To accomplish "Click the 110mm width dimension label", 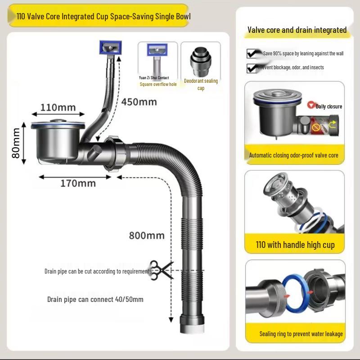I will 58,108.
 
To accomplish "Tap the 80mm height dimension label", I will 17,143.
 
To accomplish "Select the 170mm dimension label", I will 78,183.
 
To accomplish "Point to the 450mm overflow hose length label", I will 139,102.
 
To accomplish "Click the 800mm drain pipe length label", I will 147,235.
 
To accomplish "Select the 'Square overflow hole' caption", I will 158,84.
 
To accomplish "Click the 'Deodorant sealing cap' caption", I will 201,84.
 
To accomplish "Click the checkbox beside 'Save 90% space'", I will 252,54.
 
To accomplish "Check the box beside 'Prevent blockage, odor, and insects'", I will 252,68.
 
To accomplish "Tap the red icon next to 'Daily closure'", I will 310,105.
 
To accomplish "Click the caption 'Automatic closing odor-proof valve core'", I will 293,155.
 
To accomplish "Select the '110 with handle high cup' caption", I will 295,245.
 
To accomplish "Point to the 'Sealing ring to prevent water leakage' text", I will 301,334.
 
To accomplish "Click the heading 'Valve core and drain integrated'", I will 297,30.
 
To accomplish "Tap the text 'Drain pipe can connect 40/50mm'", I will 95,299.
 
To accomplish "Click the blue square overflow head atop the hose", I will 110,46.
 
